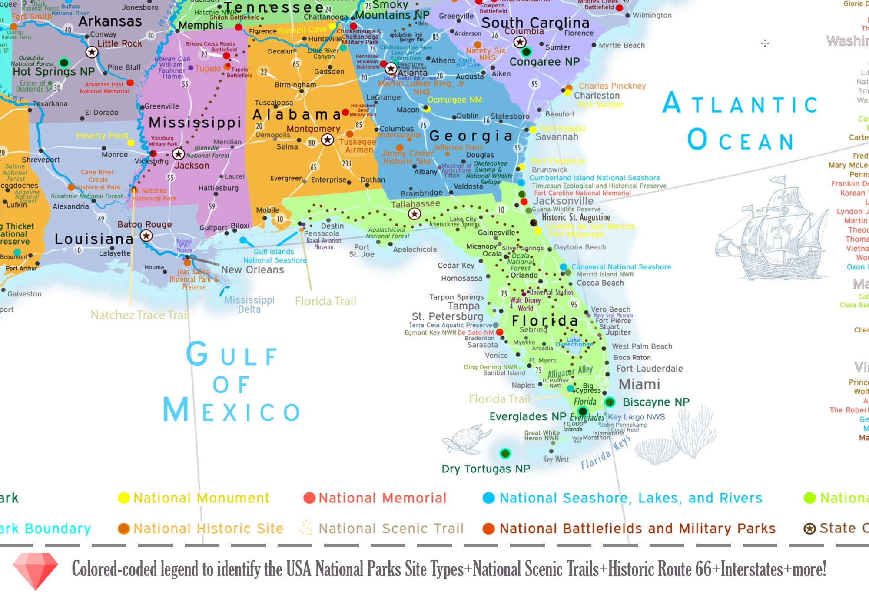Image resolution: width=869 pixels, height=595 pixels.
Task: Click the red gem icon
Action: pyautogui.click(x=35, y=570)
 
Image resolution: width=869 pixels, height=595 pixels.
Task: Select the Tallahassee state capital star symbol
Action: pyautogui.click(x=415, y=214)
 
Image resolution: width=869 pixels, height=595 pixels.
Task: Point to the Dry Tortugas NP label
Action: pyautogui.click(x=485, y=469)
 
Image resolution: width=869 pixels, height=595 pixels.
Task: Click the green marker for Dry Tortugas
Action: pyautogui.click(x=505, y=454)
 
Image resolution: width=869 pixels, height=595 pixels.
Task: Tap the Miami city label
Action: pyautogui.click(x=639, y=384)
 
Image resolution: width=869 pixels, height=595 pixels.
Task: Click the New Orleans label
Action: pyautogui.click(x=252, y=270)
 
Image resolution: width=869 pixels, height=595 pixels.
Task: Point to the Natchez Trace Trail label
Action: pyautogui.click(x=139, y=315)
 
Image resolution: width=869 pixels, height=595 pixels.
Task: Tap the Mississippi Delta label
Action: pyautogui.click(x=249, y=305)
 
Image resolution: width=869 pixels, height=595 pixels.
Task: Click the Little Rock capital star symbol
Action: pyautogui.click(x=91, y=53)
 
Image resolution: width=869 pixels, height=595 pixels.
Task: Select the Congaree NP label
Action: pyautogui.click(x=544, y=62)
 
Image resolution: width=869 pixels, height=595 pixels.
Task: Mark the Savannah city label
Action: pyautogui.click(x=556, y=137)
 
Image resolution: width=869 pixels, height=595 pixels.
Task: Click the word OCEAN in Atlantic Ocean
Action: pyautogui.click(x=740, y=140)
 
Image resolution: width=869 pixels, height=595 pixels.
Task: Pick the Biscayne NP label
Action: pyautogui.click(x=656, y=402)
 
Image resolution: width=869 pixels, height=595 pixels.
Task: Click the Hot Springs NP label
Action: pyautogui.click(x=53, y=72)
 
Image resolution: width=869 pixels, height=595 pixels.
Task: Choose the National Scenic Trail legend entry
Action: pyautogui.click(x=391, y=529)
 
